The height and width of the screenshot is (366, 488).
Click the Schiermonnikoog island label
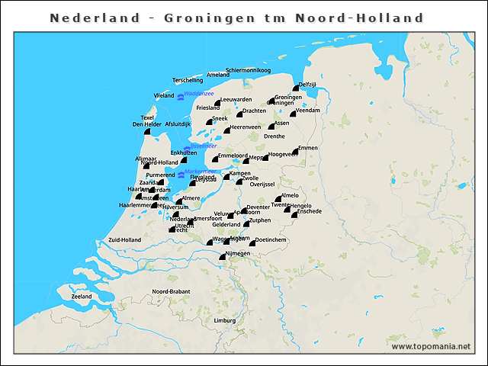(x=242, y=70)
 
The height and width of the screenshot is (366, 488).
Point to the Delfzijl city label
(x=307, y=84)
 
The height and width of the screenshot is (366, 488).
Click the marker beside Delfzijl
(x=296, y=88)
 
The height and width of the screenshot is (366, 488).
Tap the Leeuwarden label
(x=236, y=100)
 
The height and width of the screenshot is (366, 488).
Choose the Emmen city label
(x=307, y=147)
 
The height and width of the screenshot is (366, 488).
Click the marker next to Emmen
(x=296, y=152)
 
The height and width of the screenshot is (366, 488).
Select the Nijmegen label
(x=238, y=252)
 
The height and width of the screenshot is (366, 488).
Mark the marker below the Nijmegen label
(x=223, y=258)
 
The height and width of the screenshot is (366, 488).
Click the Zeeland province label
(x=82, y=296)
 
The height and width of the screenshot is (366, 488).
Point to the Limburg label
(x=225, y=320)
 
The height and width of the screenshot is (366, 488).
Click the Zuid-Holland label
(x=125, y=239)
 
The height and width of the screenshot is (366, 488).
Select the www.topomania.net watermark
(x=431, y=346)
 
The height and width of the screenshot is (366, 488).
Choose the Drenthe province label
(x=274, y=136)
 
